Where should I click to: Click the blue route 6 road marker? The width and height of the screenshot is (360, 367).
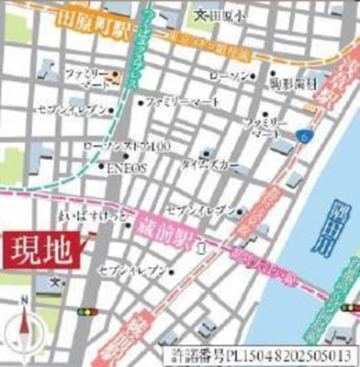(x=303, y=136)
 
